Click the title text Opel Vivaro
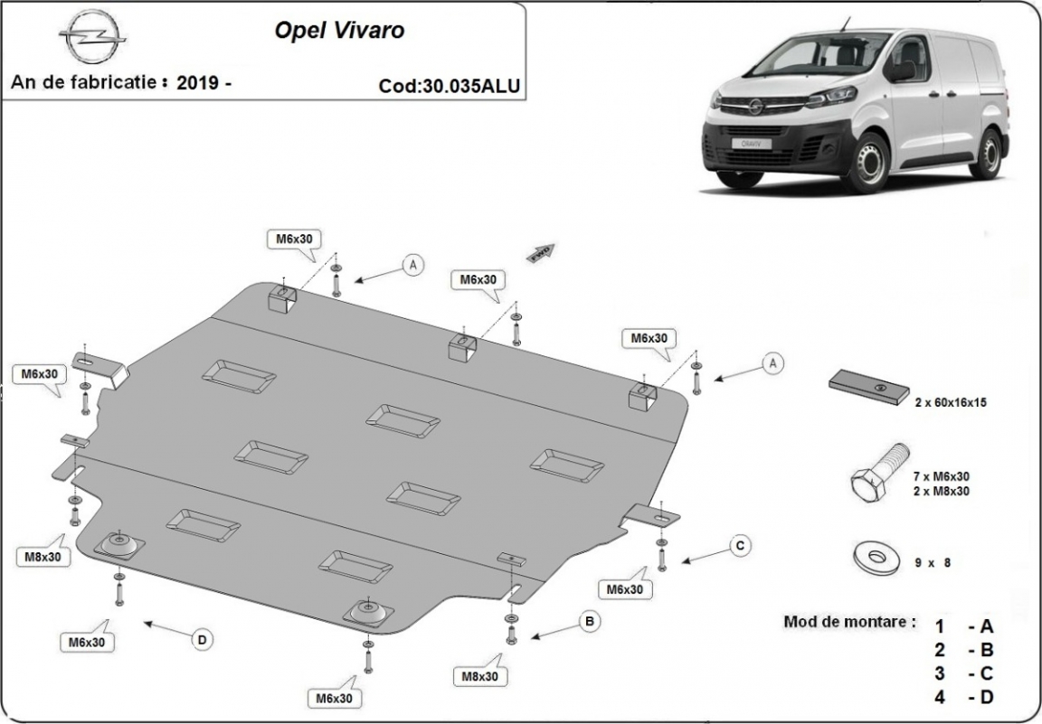point(339,31)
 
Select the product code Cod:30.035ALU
point(450,86)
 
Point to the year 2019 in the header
point(197,82)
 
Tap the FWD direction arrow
point(542,251)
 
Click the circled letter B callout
point(590,621)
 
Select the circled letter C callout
point(739,545)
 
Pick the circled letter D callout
point(202,640)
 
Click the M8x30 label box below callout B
point(483,675)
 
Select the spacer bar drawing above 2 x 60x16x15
point(871,387)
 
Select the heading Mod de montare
point(849,622)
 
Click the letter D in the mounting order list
point(986,697)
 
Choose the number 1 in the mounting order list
point(940,625)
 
